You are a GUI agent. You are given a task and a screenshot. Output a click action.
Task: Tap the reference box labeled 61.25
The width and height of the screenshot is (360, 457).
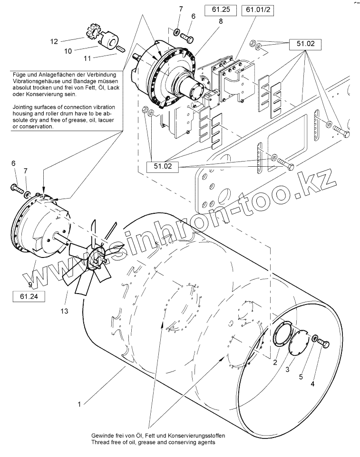[221, 9]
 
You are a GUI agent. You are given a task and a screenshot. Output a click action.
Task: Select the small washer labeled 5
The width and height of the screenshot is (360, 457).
[314, 338]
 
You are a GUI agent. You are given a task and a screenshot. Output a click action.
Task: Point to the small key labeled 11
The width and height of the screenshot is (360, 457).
[120, 48]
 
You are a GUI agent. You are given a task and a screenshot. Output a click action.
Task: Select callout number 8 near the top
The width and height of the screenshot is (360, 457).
[221, 21]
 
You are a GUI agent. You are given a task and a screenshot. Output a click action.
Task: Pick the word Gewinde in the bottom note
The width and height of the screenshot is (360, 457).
[103, 436]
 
